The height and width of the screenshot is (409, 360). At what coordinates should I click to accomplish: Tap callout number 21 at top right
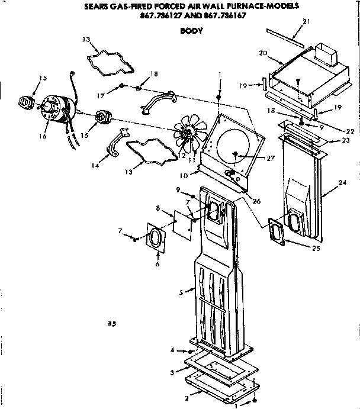pos(306,22)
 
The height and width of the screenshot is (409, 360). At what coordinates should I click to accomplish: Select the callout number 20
pos(262,53)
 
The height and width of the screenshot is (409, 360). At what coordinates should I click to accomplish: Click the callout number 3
pos(172,372)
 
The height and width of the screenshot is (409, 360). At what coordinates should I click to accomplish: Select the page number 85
pos(111,324)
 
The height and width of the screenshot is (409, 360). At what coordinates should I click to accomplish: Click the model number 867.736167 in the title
pos(224,15)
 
